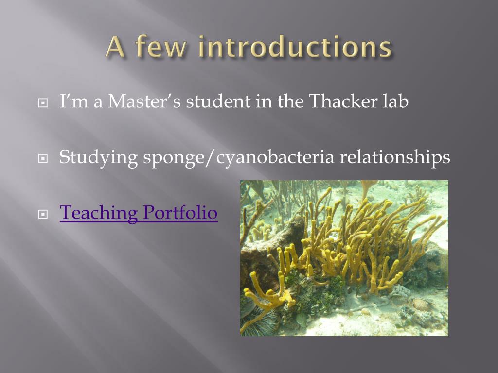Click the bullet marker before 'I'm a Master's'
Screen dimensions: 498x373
[x=43, y=103]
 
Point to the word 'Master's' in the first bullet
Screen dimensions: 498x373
[x=144, y=101]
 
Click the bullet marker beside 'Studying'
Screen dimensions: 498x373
[x=43, y=158]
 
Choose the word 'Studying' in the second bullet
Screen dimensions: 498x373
[x=98, y=158]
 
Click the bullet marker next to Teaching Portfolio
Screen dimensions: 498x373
[x=43, y=214]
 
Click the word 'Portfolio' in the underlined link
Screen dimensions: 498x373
[x=180, y=213]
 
